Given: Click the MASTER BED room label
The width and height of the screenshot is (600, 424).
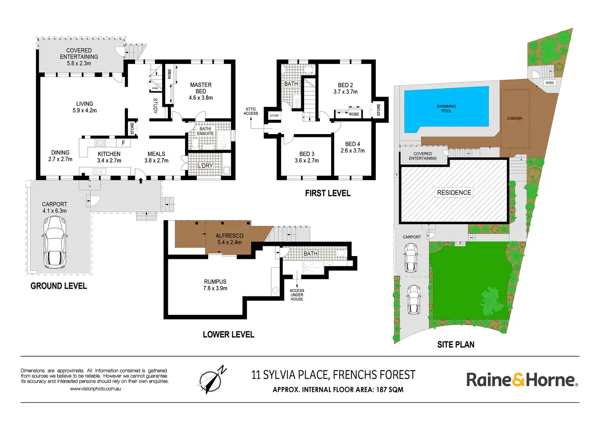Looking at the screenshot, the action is coord(201,88).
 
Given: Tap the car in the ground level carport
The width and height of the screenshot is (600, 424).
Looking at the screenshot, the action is coord(55,241).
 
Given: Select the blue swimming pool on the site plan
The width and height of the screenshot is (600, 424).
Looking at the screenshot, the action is coord(446,108).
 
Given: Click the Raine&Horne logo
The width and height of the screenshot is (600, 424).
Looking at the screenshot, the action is coord(522,380).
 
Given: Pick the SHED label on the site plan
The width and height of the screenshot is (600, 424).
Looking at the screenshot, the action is coord(549,83).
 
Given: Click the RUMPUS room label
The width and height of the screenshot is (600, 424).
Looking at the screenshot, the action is coord(215,282).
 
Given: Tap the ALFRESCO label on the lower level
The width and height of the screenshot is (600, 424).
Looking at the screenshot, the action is coord(229,236).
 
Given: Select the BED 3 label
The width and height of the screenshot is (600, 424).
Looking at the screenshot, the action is coord(307,154).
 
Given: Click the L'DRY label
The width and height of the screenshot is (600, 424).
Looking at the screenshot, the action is coord(205,166).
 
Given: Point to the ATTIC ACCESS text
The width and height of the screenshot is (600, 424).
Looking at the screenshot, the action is coord(251,111).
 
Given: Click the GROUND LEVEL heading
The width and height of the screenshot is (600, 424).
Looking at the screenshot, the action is coord(59,286).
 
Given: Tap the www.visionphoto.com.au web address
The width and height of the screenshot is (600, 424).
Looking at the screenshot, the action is coord(95,389).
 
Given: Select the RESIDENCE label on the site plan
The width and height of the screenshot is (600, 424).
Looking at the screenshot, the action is coord(454,192).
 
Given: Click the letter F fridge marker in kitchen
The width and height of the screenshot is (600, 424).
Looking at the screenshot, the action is coord(123,143).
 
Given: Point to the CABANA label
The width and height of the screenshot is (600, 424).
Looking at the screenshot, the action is coord(514,118).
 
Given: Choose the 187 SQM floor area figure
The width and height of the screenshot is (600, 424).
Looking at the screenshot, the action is coord(390,390).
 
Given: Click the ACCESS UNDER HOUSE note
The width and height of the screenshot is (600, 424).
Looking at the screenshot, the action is coord(297,295).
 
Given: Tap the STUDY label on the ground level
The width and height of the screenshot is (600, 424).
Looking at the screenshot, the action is coord(155,106).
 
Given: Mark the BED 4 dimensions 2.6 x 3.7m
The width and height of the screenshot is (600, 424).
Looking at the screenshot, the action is coord(353,151).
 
